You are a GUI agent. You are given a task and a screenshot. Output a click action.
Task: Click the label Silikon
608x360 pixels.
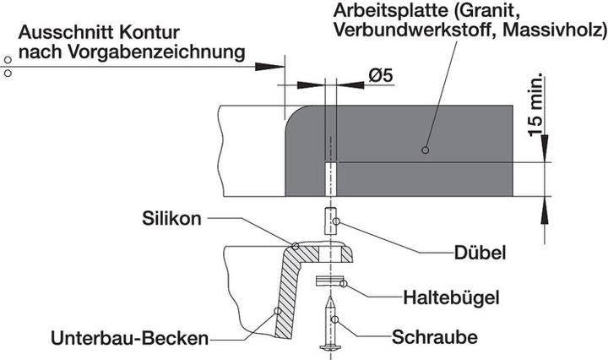click(x=172, y=218)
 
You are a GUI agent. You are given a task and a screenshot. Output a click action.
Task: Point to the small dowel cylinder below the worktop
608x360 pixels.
click(x=329, y=223)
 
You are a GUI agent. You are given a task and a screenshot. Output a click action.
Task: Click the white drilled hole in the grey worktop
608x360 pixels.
click(x=329, y=177)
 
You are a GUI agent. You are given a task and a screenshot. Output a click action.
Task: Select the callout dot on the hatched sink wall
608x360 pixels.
click(x=279, y=311)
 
